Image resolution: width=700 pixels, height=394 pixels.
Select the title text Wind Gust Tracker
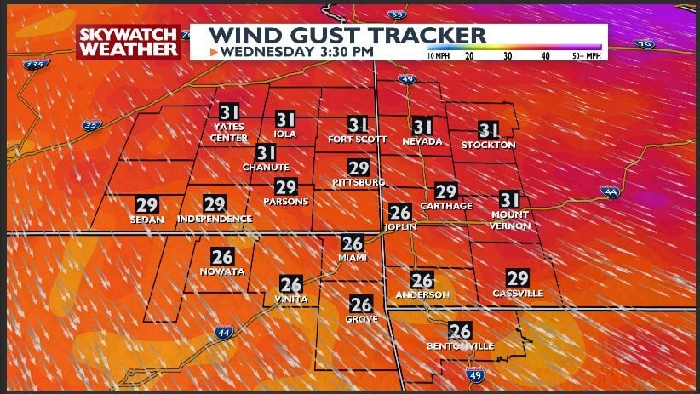coord(347,35)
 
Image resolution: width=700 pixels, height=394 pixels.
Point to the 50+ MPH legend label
coord(586,55)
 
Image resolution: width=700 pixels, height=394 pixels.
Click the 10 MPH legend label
coord(438,55)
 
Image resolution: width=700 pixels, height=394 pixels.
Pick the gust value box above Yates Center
coord(229,112)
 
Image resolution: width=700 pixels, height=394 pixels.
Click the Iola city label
coord(285,134)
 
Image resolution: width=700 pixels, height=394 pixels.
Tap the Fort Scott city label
coord(358,140)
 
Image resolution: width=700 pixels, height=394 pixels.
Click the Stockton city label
coord(489,145)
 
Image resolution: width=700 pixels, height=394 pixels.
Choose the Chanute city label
coord(267,168)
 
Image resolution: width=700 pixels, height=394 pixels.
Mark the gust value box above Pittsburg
coord(359,168)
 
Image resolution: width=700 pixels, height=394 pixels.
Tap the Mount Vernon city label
coord(510,220)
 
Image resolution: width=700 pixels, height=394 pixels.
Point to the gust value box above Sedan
coord(146,204)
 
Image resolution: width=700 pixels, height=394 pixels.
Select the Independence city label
coord(215,220)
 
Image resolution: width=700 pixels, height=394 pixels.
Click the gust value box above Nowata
coord(223,256)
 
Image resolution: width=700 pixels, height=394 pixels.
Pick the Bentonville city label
coord(461,346)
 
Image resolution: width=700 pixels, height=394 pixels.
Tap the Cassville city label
coord(518,294)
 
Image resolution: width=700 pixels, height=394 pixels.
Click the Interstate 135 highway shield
coord(33,65)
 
